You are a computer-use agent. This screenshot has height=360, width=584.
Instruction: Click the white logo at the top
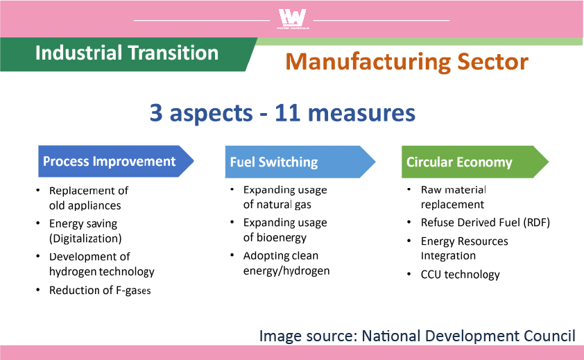(293, 19)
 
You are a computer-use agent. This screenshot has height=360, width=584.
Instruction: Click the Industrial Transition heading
(127, 53)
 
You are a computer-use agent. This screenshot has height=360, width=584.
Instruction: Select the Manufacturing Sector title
(406, 62)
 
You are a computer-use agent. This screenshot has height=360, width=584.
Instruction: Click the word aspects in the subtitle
(211, 113)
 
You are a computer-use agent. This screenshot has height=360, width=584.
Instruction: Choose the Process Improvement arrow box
(116, 162)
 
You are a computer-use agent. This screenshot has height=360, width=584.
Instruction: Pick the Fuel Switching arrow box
(300, 162)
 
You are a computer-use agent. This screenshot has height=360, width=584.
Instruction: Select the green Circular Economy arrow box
(475, 162)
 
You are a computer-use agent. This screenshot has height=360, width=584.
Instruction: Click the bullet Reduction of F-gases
(100, 291)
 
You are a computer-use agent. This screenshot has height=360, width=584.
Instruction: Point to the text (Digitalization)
(85, 239)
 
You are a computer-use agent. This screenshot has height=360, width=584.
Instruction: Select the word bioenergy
(281, 238)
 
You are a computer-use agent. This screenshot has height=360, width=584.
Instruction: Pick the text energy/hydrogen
(286, 271)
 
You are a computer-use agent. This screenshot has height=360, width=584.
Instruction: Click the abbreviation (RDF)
(536, 223)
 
